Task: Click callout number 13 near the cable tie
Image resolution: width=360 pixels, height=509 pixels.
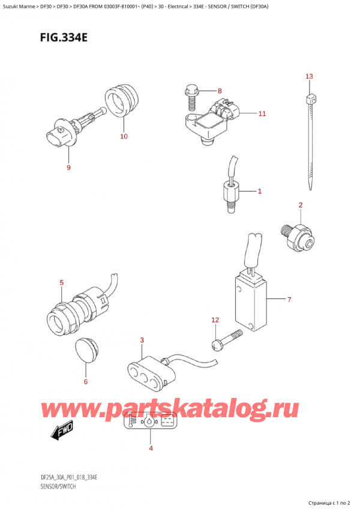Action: (x=309, y=76)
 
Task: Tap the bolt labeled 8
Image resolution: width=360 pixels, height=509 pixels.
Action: (x=191, y=97)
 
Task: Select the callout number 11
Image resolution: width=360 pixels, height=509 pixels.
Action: (x=262, y=113)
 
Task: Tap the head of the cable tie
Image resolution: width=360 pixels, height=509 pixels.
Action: (x=310, y=100)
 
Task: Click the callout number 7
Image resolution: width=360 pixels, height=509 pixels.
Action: (x=289, y=299)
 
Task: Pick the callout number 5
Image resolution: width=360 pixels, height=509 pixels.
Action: (x=61, y=282)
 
